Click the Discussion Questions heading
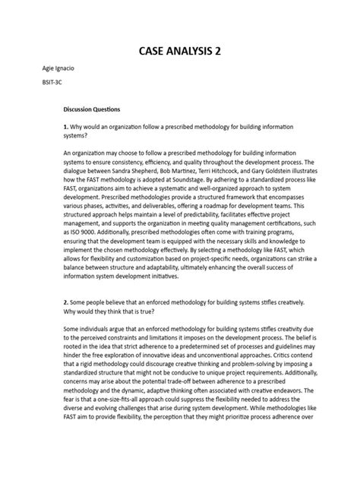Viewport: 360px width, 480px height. pyautogui.click(x=97, y=109)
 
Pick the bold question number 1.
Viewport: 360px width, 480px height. pyautogui.click(x=65, y=125)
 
